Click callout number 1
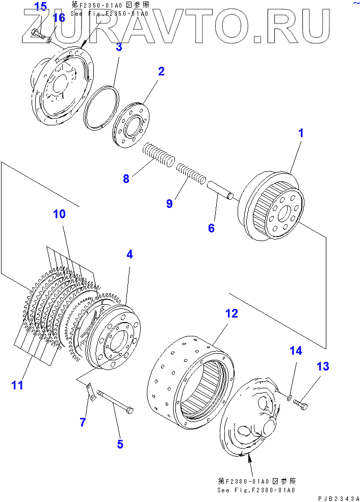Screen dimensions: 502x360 pos(301,134)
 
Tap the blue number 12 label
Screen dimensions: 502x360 pos(232,313)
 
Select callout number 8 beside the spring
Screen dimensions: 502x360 pos(126,179)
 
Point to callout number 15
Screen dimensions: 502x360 pos(40,7)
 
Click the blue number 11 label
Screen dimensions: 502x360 pos(17,385)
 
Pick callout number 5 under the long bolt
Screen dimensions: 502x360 pos(120,444)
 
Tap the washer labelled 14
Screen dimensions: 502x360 pos(289,397)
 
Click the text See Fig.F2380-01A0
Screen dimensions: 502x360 pos(256,490)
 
